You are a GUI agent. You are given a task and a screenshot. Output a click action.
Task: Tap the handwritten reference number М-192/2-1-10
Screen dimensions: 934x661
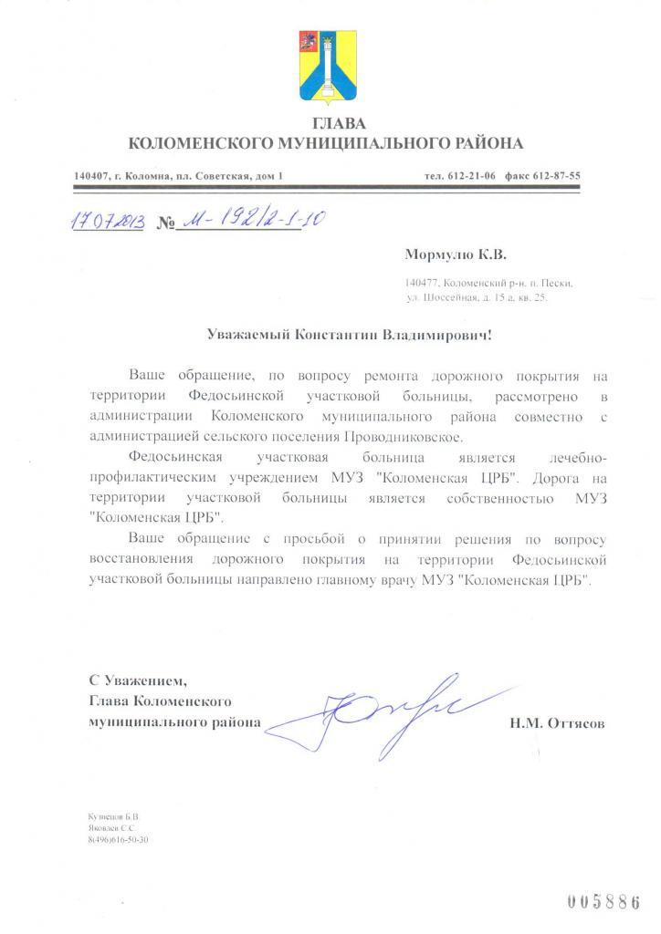pyautogui.click(x=245, y=221)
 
